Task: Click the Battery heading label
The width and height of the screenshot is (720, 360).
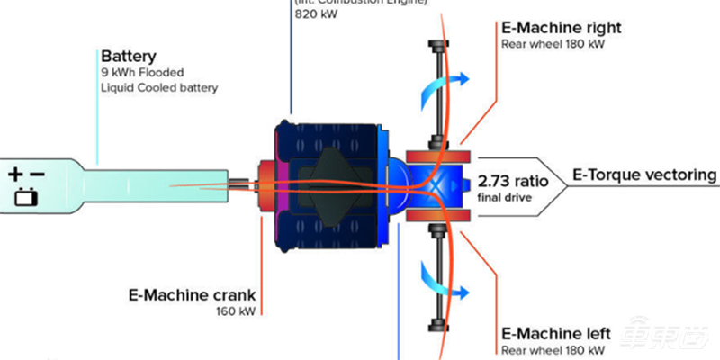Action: point(128,57)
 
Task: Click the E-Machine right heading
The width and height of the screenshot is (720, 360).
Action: point(561,27)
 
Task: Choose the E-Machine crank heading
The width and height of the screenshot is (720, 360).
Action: point(191,296)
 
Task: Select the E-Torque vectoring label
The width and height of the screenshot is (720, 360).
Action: point(644,175)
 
